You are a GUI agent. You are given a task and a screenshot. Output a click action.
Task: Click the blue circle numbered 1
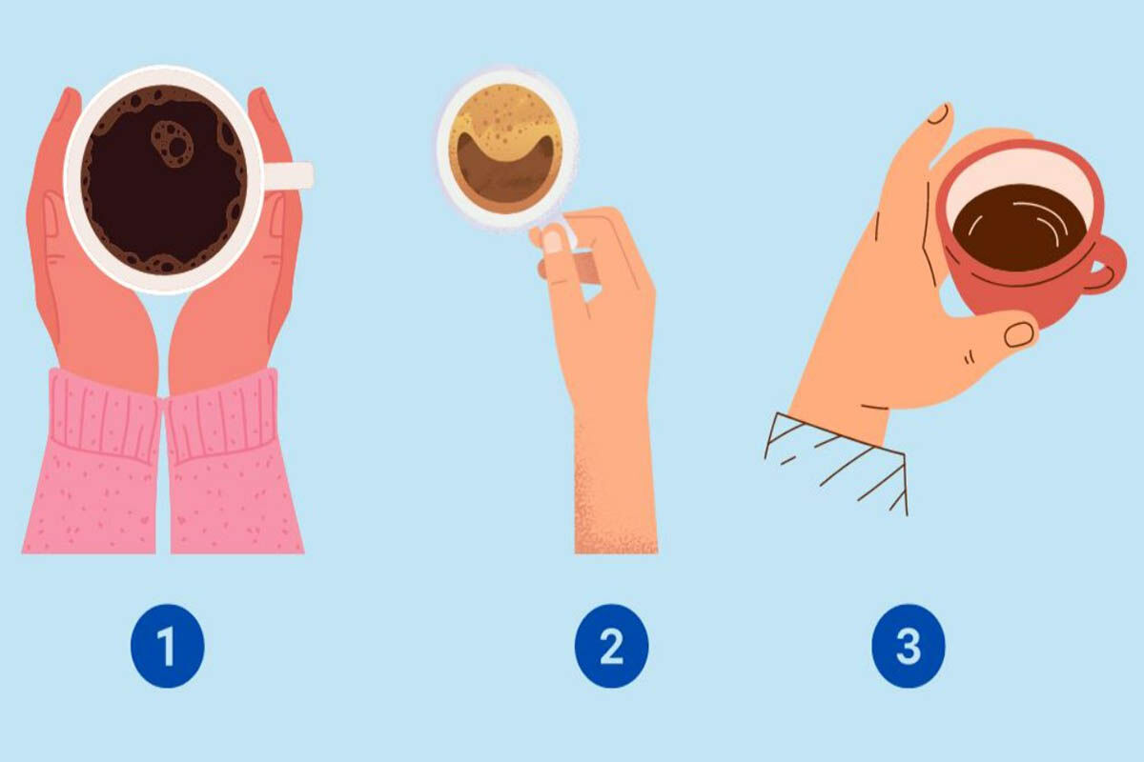click(168, 646)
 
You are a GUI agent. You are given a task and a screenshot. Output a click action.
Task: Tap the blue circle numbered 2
click(611, 646)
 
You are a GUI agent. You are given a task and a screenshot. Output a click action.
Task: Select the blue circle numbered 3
click(908, 646)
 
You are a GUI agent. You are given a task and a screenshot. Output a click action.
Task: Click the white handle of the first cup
click(288, 175)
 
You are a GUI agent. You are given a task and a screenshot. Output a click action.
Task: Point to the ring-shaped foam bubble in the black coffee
click(173, 144)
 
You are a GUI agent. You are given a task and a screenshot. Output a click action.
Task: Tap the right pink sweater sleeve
click(233, 465)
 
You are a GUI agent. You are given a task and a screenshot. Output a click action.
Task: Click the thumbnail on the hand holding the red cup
click(1019, 335)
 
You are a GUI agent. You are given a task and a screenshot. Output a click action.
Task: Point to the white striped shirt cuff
click(837, 462)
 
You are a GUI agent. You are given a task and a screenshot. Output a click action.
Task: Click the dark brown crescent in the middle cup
click(505, 171)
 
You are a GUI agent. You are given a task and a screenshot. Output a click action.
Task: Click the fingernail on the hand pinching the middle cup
click(552, 241)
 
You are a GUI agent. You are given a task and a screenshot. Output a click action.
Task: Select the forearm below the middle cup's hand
click(616, 485)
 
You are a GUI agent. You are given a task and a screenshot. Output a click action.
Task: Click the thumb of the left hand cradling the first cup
click(51, 240)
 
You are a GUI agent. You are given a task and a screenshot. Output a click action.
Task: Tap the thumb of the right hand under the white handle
click(276, 240)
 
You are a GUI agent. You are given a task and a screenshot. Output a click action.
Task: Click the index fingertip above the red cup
click(940, 115)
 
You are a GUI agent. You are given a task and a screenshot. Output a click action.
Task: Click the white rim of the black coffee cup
click(164, 74)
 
